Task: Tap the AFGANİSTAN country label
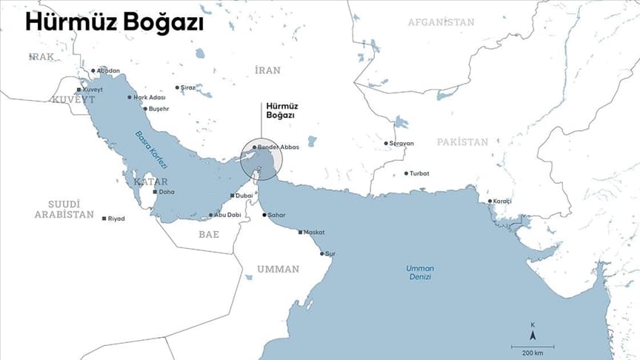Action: (441, 22)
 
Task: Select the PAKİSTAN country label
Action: (462, 141)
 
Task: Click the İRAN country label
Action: (267, 70)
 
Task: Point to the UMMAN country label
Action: (278, 269)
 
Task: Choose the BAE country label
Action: (209, 234)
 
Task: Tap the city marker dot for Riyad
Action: (104, 219)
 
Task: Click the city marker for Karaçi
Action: (490, 201)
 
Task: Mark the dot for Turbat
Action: (406, 173)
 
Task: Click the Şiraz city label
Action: (188, 87)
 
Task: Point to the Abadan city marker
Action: (93, 71)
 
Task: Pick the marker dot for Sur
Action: (322, 253)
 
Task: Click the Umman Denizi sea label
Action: (419, 272)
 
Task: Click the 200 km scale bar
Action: (533, 346)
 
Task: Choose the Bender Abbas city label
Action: (279, 147)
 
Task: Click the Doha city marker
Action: (155, 192)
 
